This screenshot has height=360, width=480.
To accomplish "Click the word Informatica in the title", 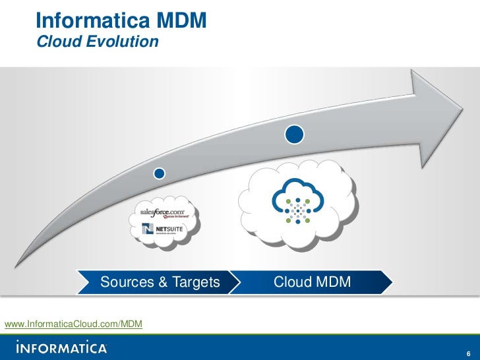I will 86,20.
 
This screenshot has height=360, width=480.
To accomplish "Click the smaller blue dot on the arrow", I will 159,173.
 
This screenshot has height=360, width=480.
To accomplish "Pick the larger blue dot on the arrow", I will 295,135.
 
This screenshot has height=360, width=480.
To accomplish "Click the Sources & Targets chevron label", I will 160,283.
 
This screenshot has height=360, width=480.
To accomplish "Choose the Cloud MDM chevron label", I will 312,283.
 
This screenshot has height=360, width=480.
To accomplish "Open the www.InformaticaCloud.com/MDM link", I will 73,324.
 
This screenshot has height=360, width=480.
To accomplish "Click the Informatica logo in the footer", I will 61,347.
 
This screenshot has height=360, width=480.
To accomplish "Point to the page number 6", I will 467,349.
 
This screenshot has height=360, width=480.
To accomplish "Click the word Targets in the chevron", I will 196,283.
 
